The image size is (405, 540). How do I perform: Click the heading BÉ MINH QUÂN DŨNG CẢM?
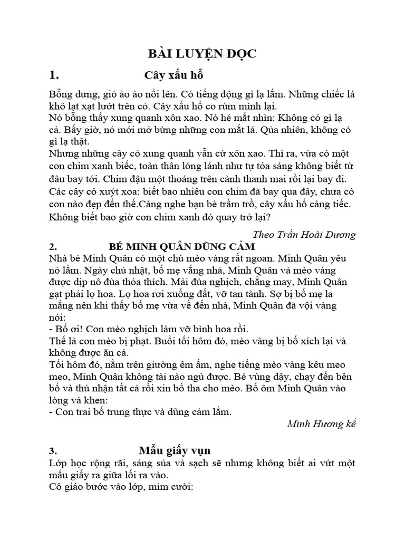click(182, 247)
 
